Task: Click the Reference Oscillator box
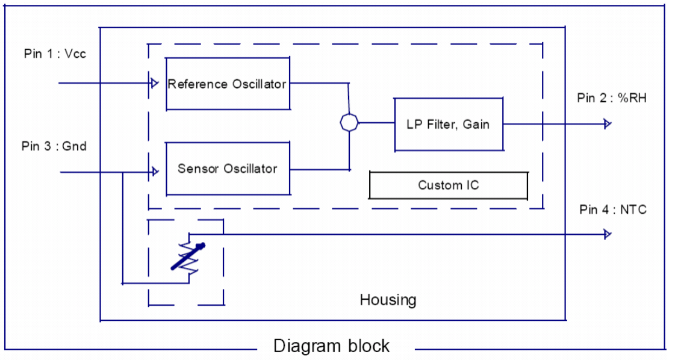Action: click(227, 84)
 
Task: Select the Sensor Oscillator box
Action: click(227, 169)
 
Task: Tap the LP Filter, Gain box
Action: click(448, 125)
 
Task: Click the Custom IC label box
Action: click(448, 185)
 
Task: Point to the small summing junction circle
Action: click(349, 123)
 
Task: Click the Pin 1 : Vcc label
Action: click(55, 54)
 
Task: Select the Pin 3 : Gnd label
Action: click(54, 146)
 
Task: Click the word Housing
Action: click(388, 300)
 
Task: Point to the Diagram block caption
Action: click(331, 346)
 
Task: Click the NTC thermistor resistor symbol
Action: click(188, 256)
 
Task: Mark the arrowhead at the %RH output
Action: click(608, 124)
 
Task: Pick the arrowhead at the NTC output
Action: click(608, 234)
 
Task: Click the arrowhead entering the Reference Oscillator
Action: click(154, 82)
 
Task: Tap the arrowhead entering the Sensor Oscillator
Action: click(155, 172)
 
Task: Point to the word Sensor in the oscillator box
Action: click(196, 169)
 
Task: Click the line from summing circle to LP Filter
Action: click(376, 123)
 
